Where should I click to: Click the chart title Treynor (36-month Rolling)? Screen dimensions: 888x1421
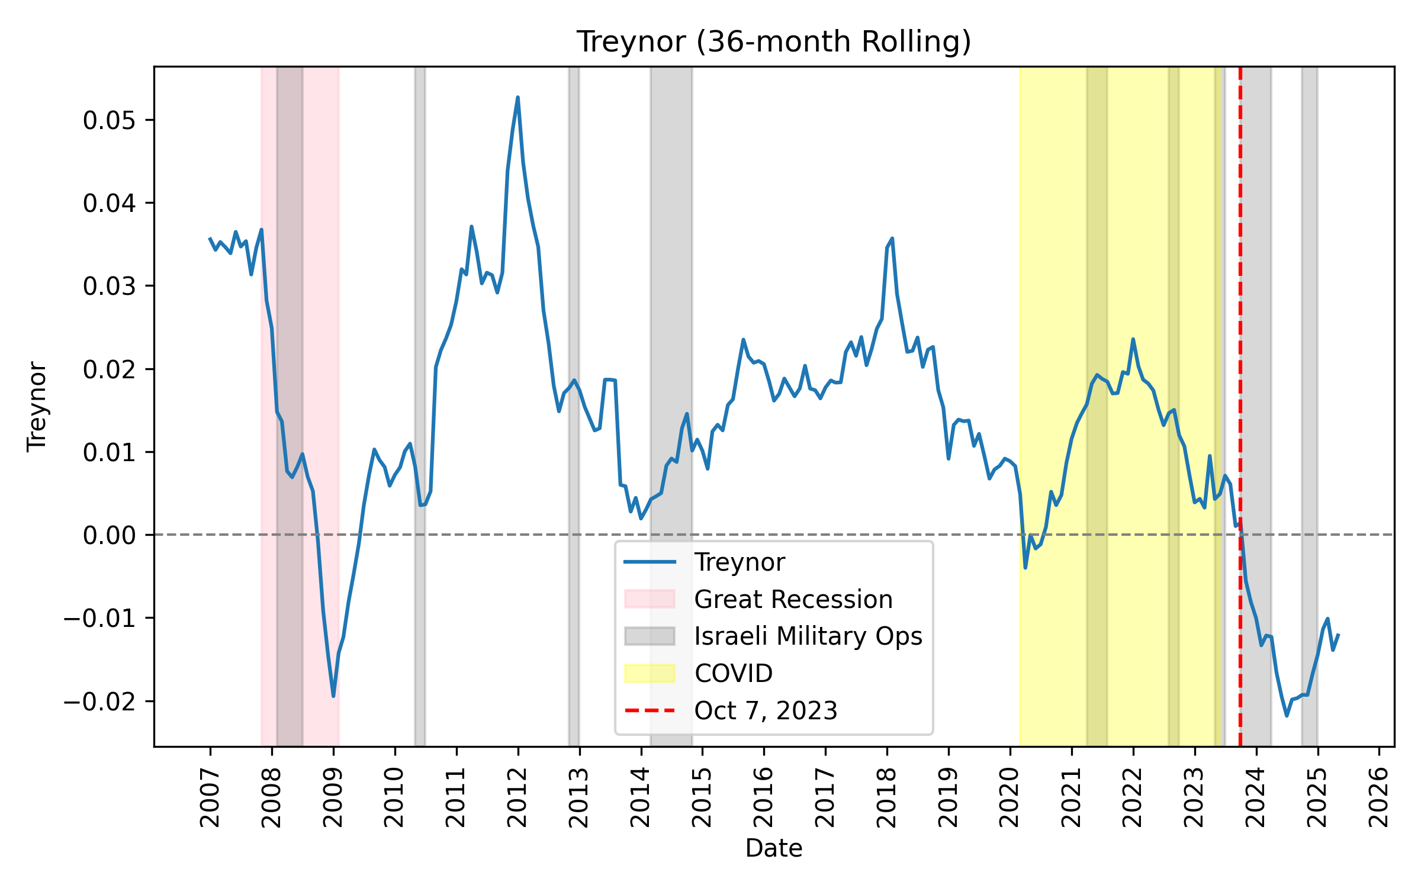(774, 41)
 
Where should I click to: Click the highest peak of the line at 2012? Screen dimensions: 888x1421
(518, 98)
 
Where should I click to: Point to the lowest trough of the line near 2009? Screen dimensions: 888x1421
(333, 696)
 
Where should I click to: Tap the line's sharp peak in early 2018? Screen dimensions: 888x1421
(892, 239)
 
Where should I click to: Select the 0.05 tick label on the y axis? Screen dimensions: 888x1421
(110, 120)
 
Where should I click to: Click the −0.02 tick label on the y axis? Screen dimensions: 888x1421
(99, 702)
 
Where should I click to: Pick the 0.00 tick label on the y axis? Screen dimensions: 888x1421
(110, 535)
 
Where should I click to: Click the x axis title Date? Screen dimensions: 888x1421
(774, 848)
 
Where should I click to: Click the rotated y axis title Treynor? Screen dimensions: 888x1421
(37, 406)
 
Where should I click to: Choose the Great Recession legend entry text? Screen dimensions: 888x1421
(793, 599)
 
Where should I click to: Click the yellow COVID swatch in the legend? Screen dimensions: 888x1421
(650, 673)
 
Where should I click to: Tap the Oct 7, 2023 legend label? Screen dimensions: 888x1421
(766, 710)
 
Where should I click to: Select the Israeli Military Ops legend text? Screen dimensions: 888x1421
(808, 636)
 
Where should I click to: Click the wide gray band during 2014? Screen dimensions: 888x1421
(671, 296)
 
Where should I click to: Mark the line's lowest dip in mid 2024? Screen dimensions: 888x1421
(1287, 715)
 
